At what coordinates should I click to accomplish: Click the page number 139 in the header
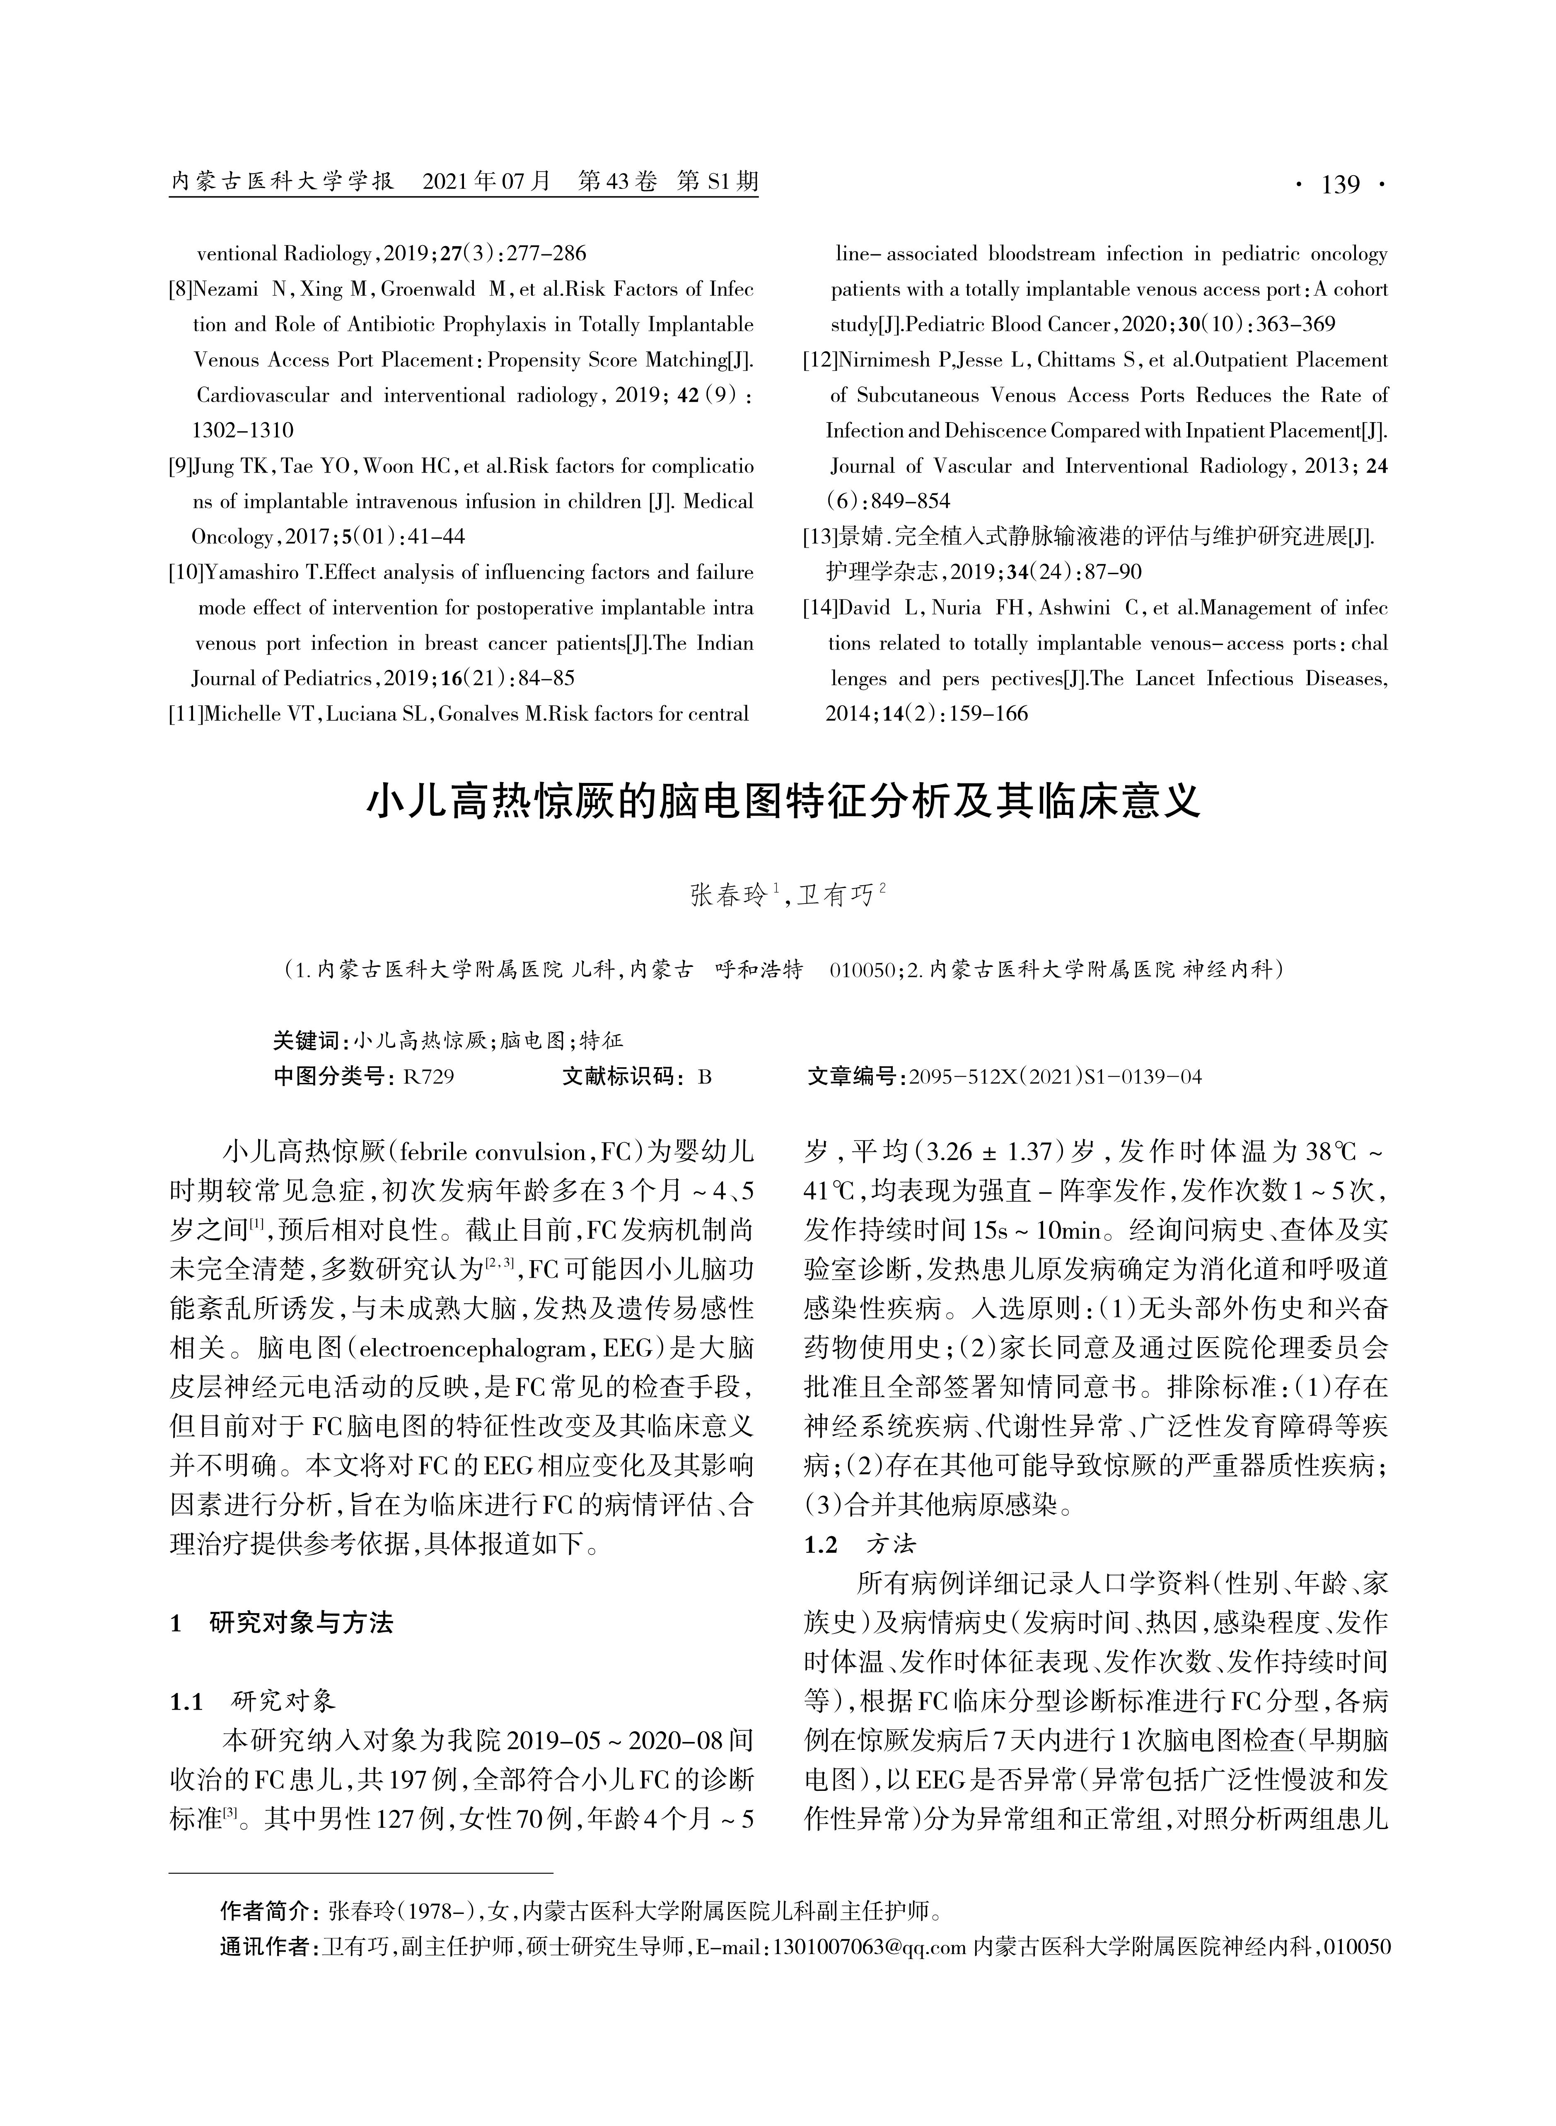(x=1340, y=185)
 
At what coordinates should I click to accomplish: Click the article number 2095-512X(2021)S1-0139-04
(x=1055, y=1077)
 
